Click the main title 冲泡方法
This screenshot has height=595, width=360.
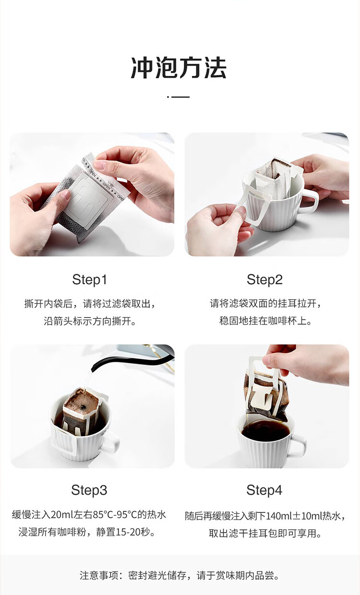179,68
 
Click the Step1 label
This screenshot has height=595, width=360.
89,279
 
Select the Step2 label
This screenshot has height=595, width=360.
264,279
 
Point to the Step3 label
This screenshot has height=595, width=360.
89,490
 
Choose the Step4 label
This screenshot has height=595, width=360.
264,490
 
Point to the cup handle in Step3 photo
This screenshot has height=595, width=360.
111,442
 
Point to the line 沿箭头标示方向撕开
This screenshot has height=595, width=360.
90,321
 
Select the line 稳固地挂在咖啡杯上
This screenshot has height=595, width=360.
265,321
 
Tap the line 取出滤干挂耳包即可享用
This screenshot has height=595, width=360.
265,534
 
